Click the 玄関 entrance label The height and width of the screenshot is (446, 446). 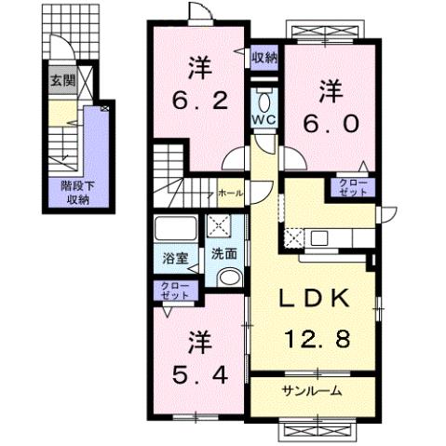(x=63, y=78)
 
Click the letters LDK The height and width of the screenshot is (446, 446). (x=316, y=299)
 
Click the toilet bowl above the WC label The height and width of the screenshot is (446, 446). (x=263, y=100)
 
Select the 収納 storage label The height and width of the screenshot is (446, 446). (x=264, y=58)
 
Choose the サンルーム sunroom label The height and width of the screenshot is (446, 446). (x=311, y=391)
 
